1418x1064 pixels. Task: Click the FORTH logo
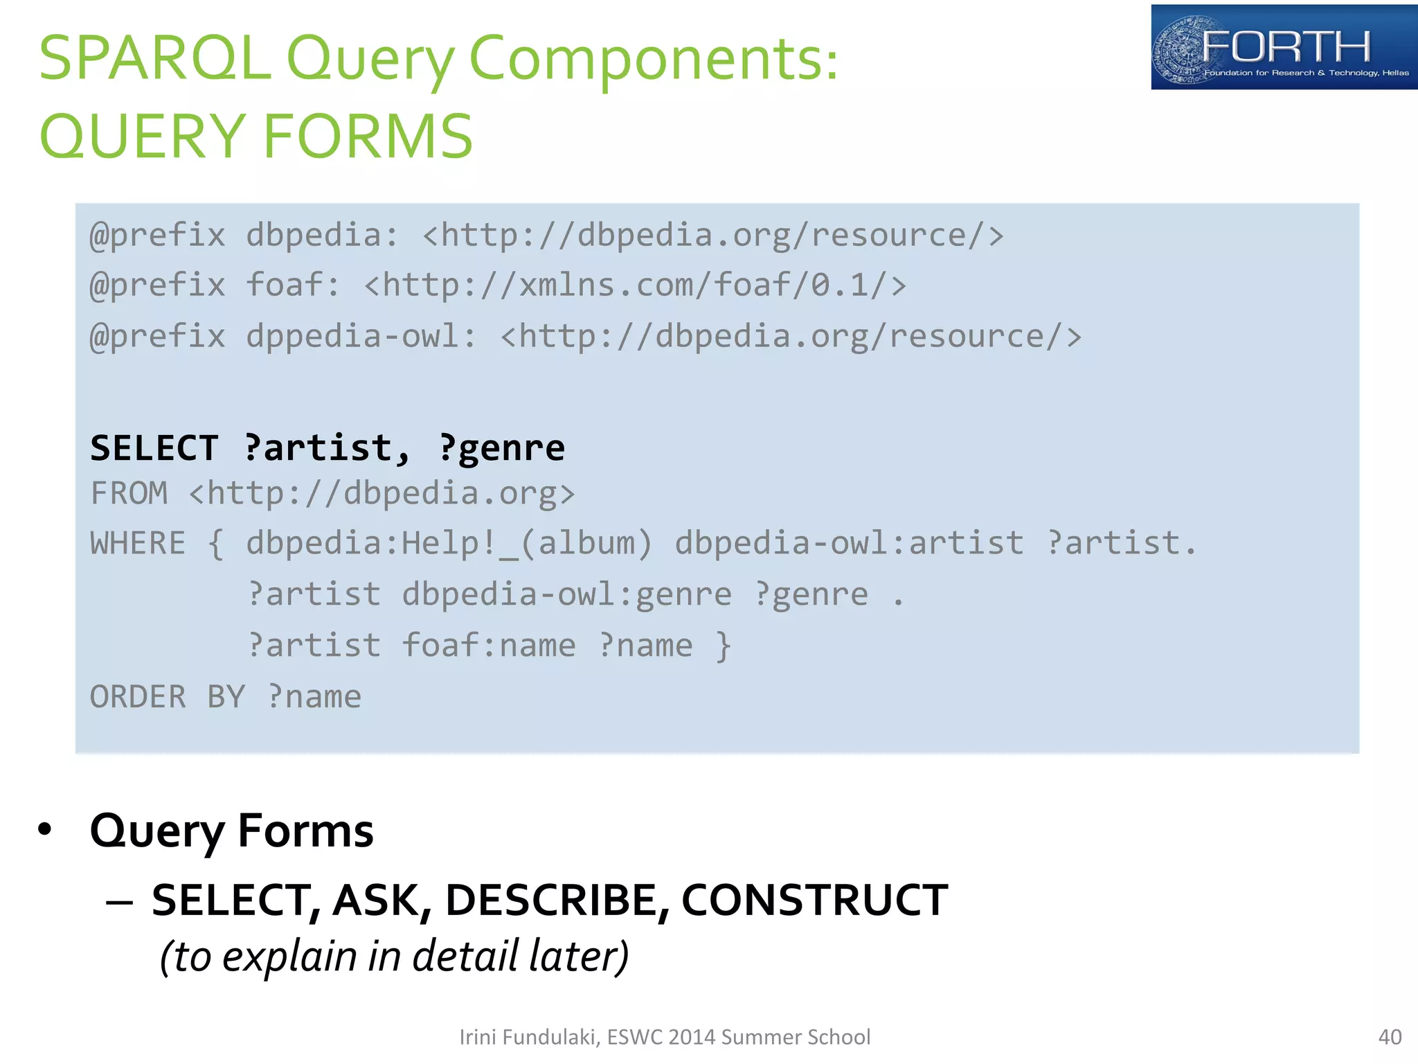pyautogui.click(x=1284, y=47)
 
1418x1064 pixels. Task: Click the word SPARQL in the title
pyautogui.click(x=154, y=58)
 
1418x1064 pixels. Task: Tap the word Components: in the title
pyautogui.click(x=654, y=58)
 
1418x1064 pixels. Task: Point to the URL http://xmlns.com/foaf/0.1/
pyautogui.click(x=635, y=285)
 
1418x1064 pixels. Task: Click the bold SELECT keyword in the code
pyautogui.click(x=154, y=447)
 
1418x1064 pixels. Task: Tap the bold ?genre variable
pyautogui.click(x=502, y=447)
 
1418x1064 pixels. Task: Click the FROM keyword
pyautogui.click(x=129, y=494)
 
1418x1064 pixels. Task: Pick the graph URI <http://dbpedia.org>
pyautogui.click(x=382, y=494)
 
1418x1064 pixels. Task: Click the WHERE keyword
pyautogui.click(x=138, y=543)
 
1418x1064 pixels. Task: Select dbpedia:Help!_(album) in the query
pyautogui.click(x=449, y=543)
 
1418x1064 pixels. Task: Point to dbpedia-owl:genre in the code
pyautogui.click(x=566, y=594)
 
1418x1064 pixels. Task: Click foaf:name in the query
pyautogui.click(x=488, y=646)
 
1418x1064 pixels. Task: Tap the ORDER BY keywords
pyautogui.click(x=168, y=697)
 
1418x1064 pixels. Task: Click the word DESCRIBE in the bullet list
pyautogui.click(x=557, y=901)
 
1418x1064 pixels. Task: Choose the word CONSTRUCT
pyautogui.click(x=814, y=901)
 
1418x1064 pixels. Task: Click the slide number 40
pyautogui.click(x=1390, y=1037)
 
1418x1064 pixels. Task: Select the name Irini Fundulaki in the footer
pyautogui.click(x=528, y=1037)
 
